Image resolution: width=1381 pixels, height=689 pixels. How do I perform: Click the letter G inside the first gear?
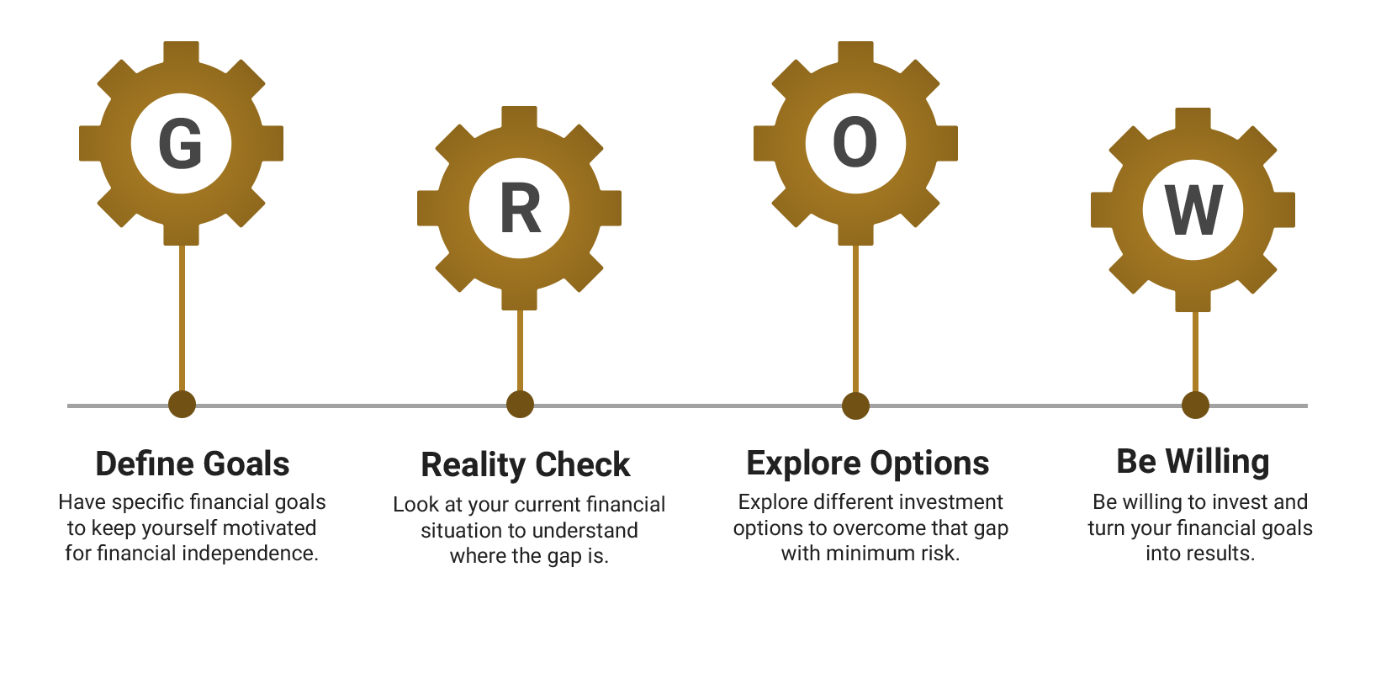[x=181, y=144]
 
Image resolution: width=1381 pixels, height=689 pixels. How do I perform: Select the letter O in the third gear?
[x=855, y=142]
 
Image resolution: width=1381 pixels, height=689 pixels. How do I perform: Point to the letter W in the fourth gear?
[x=1193, y=211]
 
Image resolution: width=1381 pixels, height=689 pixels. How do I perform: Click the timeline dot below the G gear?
[x=182, y=405]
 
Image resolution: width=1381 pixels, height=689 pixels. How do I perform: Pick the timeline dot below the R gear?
[x=520, y=405]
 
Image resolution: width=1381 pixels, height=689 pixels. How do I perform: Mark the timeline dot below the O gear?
[x=855, y=405]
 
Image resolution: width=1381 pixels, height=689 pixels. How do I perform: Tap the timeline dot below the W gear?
[x=1195, y=405]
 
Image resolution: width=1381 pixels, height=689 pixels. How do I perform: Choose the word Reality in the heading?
[x=473, y=465]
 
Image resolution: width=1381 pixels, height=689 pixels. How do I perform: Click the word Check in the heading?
[x=583, y=465]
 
